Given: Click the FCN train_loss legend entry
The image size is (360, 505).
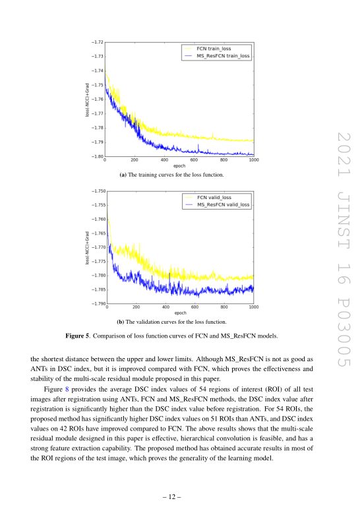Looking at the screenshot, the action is tap(207, 49).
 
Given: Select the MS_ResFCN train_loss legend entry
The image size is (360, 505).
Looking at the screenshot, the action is tap(216, 56).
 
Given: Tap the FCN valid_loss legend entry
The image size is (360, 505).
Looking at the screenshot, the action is tap(208, 197).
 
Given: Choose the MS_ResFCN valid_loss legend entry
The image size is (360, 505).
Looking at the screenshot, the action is tap(217, 204).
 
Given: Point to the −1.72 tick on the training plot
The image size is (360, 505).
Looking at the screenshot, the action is tap(97, 42).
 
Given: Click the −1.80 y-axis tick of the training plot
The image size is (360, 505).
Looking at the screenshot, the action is tap(97, 156).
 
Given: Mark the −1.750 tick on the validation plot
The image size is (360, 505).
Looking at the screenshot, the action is tap(98, 191).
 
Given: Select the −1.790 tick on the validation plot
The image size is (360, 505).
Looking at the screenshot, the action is tap(98, 303).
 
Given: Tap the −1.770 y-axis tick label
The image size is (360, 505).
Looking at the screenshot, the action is tap(98, 247).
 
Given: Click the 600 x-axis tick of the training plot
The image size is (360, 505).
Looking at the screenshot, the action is tap(194, 160).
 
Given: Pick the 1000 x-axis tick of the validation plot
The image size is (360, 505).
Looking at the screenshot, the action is tap(254, 307).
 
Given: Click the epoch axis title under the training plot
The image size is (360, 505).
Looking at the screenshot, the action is tap(179, 166).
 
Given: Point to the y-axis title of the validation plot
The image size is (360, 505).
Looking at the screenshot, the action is tap(87, 248).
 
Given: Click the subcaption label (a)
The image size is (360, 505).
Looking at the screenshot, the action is tap(123, 175).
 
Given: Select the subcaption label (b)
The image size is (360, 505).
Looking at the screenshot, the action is tap(121, 322).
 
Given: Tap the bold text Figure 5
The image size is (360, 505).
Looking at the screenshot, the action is tap(78, 336).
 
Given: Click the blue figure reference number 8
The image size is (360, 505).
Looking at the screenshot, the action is tap(67, 390).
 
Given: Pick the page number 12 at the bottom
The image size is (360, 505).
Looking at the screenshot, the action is tap(172, 497).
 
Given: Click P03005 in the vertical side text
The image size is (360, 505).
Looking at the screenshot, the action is tap(344, 332).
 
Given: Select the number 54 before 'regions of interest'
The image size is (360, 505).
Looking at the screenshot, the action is tap(202, 390).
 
